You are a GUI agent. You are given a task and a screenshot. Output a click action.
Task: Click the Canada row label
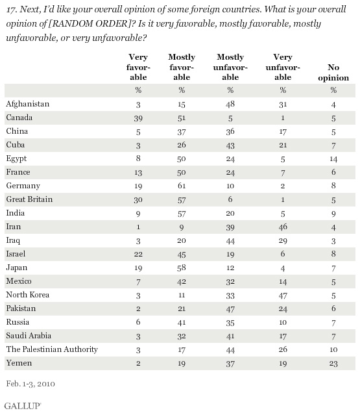[19, 118]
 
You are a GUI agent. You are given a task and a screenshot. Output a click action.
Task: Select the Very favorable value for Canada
[138, 118]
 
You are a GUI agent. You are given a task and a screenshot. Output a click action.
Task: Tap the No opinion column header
[333, 73]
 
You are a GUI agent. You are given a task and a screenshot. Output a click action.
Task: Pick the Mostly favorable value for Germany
[182, 186]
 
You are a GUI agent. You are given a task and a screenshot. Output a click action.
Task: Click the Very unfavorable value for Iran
[283, 227]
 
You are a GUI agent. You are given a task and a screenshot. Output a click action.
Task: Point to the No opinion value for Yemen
[333, 364]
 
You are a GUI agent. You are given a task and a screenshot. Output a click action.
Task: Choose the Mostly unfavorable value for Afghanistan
[230, 105]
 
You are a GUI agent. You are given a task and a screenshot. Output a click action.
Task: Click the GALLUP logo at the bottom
[23, 406]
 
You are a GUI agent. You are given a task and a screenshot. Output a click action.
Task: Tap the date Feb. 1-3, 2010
[30, 384]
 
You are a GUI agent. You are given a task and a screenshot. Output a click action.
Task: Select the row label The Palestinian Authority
[52, 349]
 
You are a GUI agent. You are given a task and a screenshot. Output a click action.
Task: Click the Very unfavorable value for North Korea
[283, 295]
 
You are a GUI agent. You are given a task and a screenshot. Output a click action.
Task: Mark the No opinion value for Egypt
[333, 159]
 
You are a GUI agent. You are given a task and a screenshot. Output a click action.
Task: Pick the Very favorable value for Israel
[138, 254]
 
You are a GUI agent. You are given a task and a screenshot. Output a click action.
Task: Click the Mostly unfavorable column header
[230, 67]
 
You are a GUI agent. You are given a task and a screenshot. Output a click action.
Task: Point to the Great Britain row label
[29, 199]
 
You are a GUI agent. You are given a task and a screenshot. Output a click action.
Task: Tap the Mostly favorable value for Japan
[182, 268]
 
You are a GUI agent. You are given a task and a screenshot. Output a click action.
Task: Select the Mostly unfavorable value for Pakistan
[230, 309]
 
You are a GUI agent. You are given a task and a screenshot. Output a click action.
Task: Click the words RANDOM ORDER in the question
[88, 24]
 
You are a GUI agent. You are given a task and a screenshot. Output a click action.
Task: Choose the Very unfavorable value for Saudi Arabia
[283, 336]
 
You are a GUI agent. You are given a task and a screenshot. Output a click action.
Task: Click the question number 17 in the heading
[11, 10]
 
